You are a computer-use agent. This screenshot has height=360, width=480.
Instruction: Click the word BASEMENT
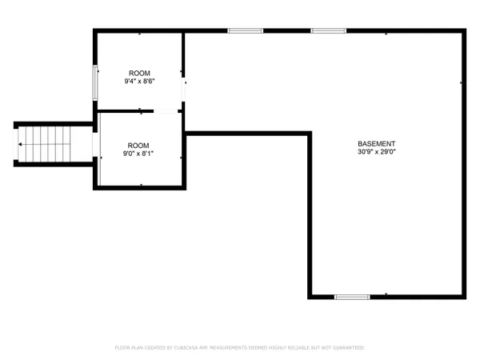[376, 143]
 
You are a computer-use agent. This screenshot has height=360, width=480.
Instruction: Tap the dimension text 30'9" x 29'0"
[376, 152]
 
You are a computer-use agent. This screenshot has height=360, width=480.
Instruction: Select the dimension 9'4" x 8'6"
[139, 82]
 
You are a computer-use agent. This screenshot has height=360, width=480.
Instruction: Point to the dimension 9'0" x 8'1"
[138, 153]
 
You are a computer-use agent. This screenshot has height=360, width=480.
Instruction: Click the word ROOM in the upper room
[139, 73]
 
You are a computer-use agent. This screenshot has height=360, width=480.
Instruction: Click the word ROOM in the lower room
[138, 144]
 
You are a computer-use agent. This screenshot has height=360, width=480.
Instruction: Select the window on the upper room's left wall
[96, 82]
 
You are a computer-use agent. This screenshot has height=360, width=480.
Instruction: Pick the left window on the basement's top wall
[245, 31]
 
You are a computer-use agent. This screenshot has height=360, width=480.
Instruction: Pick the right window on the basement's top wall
[328, 31]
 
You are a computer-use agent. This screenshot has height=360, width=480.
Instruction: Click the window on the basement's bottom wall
[352, 297]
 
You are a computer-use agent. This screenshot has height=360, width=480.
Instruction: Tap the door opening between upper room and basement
[184, 90]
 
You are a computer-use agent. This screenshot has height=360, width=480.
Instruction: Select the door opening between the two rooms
[166, 110]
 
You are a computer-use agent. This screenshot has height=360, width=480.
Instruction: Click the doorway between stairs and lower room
[95, 145]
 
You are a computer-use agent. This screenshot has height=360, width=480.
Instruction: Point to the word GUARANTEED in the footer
[346, 348]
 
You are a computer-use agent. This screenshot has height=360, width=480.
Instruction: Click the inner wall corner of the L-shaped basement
[309, 134]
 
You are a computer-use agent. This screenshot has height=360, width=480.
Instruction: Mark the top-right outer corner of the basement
[462, 32]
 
